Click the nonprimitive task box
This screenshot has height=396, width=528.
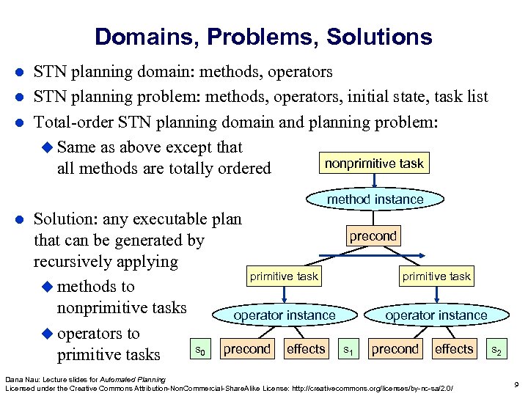click(x=375, y=164)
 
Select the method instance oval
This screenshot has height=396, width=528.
click(x=375, y=199)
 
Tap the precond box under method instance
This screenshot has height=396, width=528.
click(x=373, y=236)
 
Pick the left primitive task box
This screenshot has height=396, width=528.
click(x=284, y=276)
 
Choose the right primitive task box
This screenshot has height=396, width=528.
click(x=436, y=276)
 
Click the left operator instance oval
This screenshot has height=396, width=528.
click(x=284, y=315)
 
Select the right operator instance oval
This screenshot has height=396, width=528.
click(x=436, y=315)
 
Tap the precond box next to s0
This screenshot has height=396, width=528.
click(x=247, y=349)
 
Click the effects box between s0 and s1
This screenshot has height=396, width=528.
click(x=306, y=349)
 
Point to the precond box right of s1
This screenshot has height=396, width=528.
click(x=395, y=349)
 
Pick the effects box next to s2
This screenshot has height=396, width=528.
click(x=454, y=349)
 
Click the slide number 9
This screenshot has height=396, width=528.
click(x=517, y=384)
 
